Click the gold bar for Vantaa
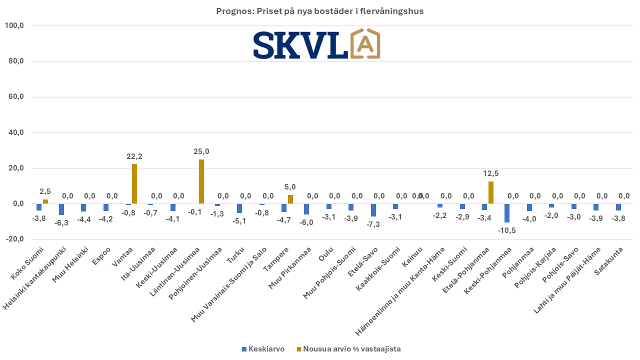pos(134,184)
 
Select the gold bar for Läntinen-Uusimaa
pos(201,181)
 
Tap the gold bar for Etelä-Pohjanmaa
pos(491,192)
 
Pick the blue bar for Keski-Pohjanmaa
pos(507,213)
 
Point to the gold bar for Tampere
pos(290,199)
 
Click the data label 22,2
pos(134,156)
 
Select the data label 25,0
pos(201,151)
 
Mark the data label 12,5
pos(491,173)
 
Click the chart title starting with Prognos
pos(320,11)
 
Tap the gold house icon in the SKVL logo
pos(365,44)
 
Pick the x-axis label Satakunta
pos(607,258)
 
